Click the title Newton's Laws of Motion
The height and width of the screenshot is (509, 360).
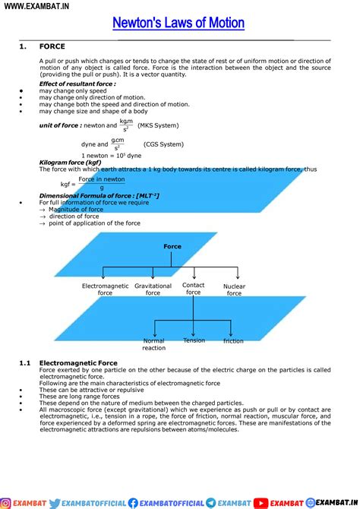[178, 23]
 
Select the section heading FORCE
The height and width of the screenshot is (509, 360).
[52, 47]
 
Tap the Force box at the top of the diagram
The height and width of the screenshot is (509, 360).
[172, 247]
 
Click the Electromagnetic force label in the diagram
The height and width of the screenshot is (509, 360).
[105, 289]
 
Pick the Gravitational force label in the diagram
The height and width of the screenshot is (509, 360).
[153, 289]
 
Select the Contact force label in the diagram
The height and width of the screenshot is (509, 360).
[194, 289]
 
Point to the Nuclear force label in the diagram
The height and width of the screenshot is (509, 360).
[234, 289]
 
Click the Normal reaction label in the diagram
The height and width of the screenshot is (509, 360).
[153, 344]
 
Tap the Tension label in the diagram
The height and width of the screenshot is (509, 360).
[194, 340]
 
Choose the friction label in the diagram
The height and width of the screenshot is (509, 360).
[233, 341]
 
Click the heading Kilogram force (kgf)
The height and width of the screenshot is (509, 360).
[70, 163]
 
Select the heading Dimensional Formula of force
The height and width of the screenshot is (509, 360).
[99, 196]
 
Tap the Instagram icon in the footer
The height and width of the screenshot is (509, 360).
[6, 502]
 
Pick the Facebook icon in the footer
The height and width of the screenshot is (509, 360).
[134, 502]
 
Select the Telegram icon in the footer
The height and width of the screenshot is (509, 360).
[210, 502]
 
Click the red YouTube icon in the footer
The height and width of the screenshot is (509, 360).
[261, 502]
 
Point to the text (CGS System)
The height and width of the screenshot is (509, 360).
[163, 144]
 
